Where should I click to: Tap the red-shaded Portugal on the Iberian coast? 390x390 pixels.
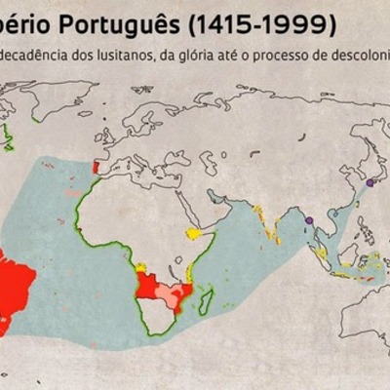click(x=95, y=167)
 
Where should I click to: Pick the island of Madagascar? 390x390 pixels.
click(x=206, y=301)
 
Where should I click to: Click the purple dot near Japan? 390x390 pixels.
click(x=370, y=182)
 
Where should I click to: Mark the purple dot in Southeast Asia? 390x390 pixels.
click(x=309, y=221)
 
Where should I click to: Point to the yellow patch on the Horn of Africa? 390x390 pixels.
click(x=194, y=233)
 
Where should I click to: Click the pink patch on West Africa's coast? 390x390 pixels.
click(x=74, y=194)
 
